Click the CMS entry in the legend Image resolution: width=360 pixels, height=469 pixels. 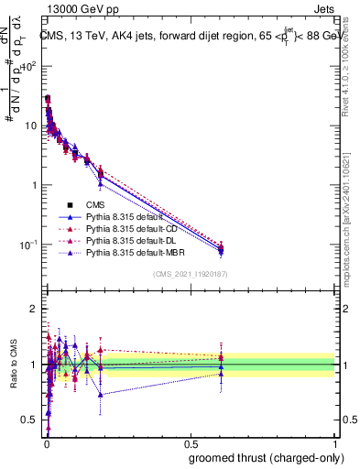(x=96, y=205)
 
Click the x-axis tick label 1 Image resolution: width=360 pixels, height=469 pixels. (x=335, y=442)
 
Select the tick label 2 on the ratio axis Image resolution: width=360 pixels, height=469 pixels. (x=34, y=309)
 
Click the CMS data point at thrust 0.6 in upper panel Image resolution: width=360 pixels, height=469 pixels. (x=222, y=248)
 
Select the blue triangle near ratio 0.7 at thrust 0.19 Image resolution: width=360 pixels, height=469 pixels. (x=101, y=395)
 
